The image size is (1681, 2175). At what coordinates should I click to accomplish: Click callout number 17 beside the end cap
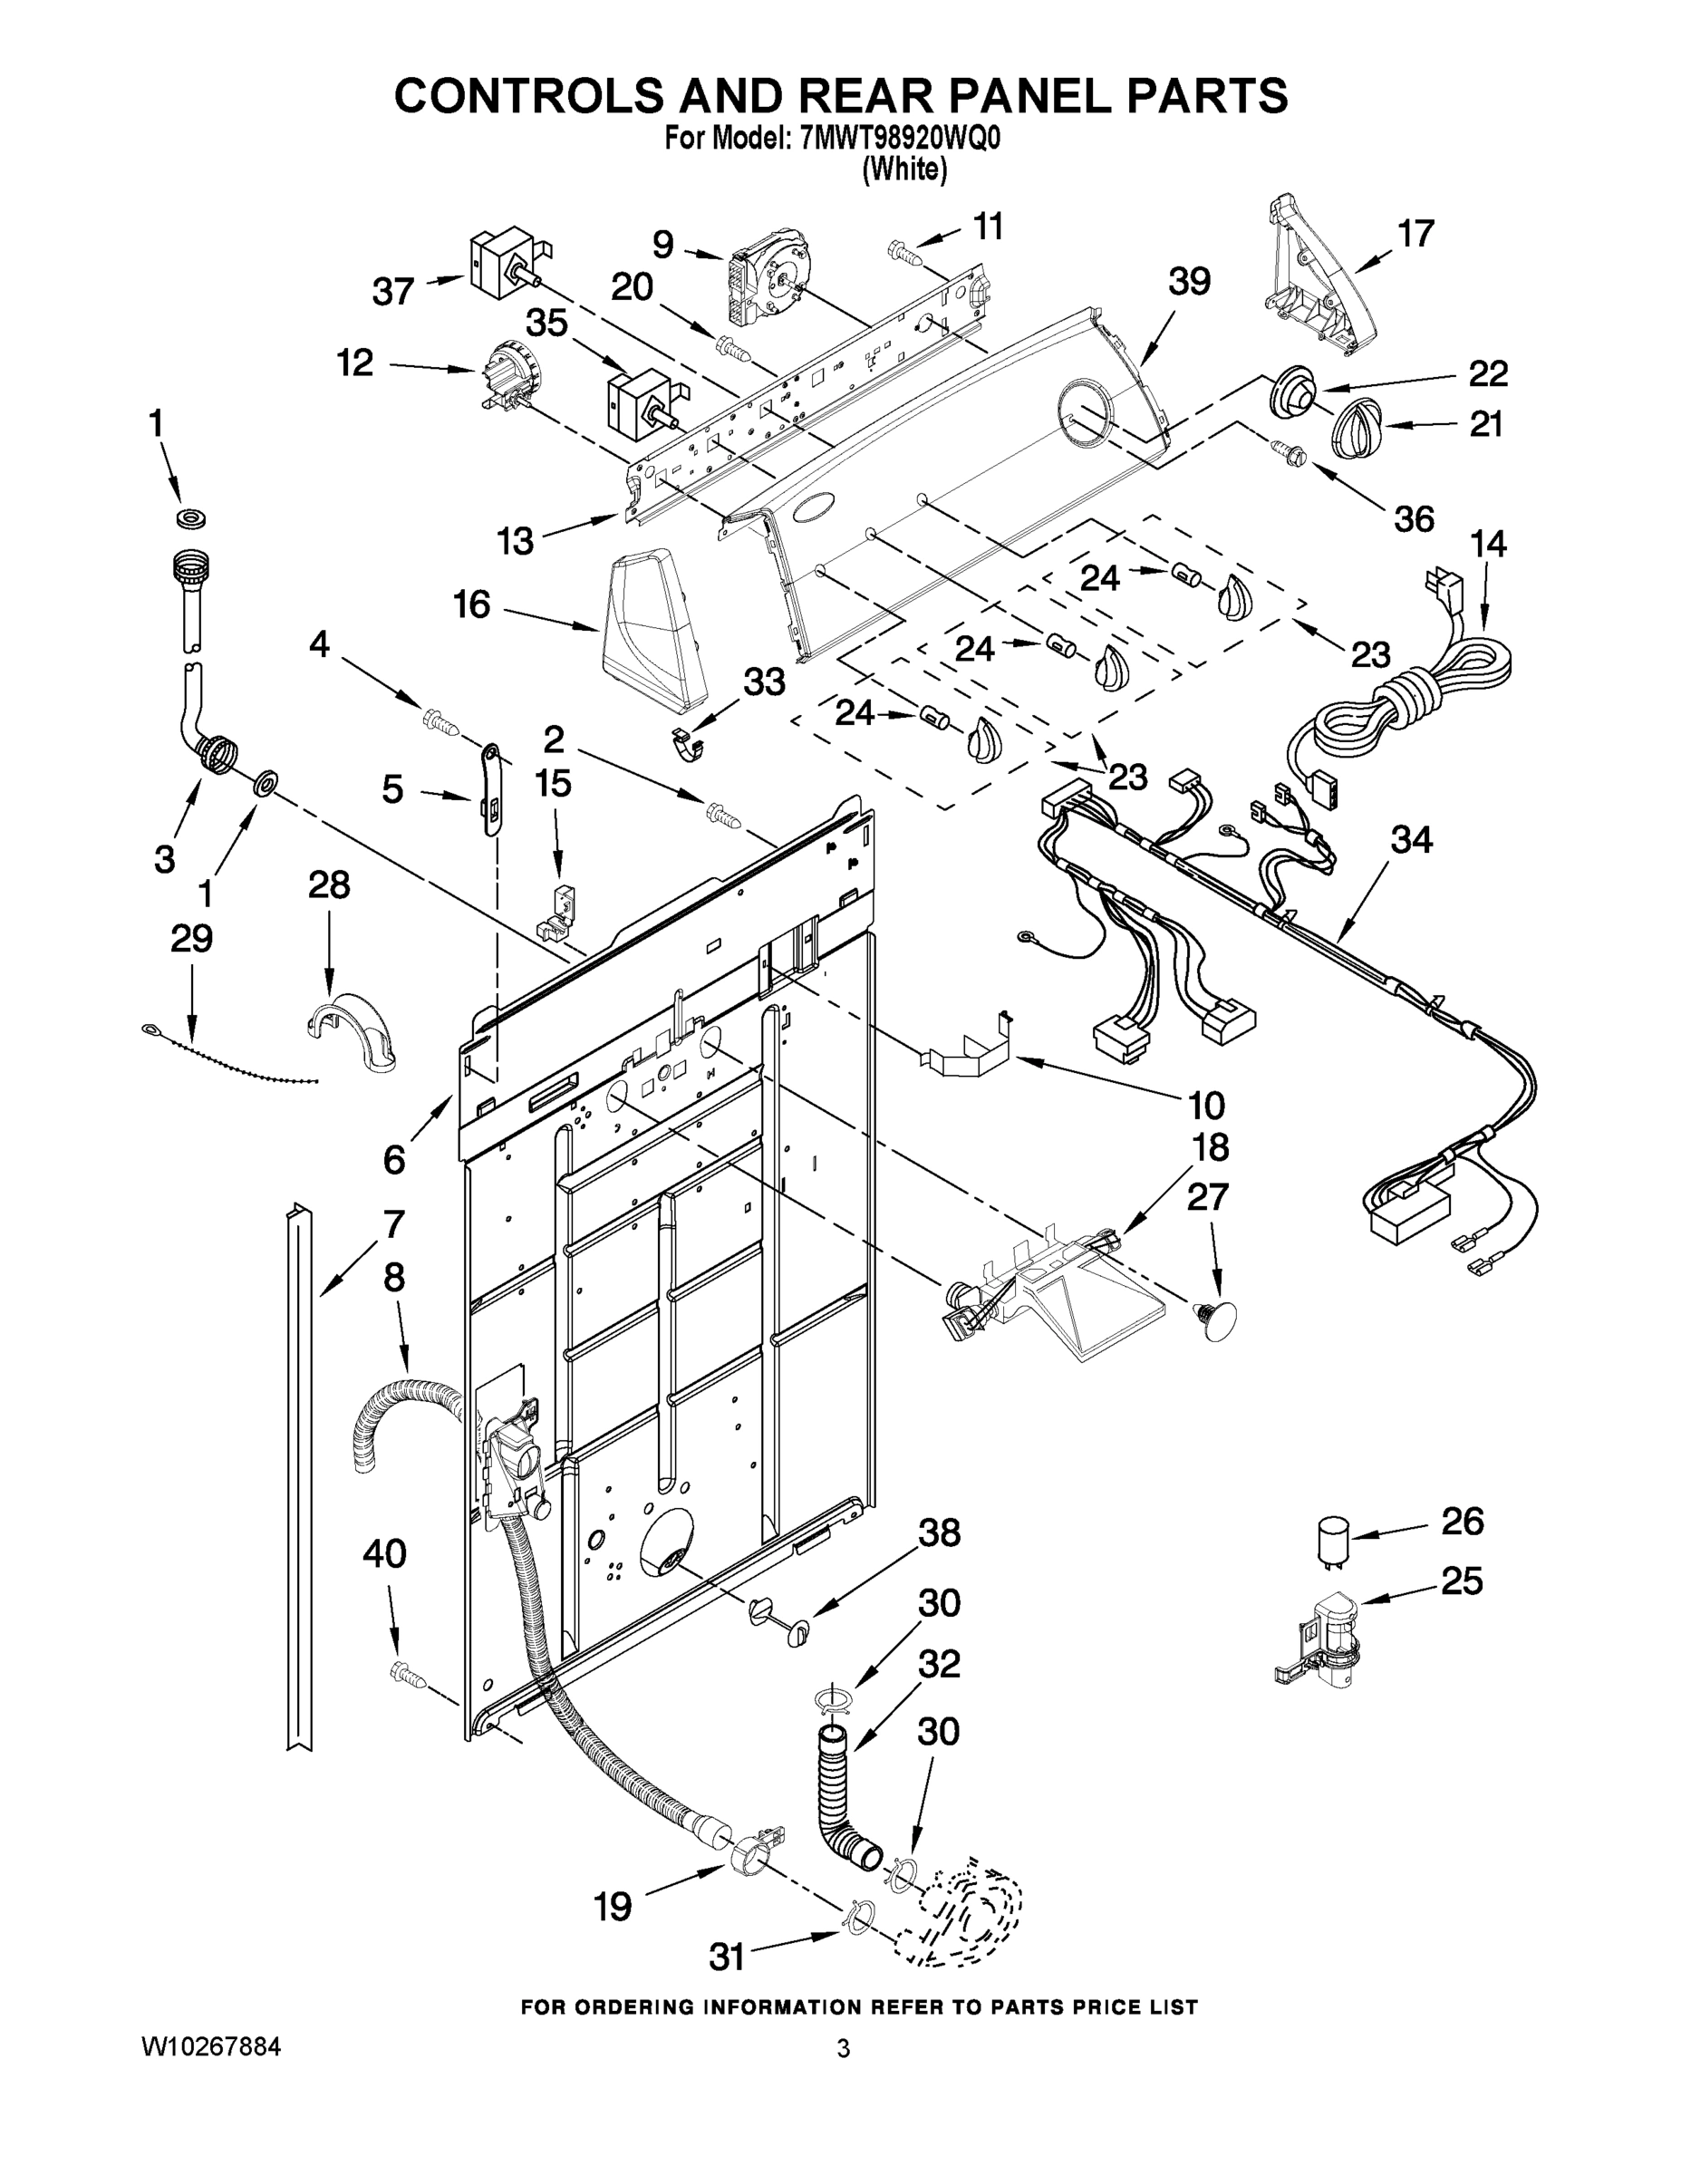1415,234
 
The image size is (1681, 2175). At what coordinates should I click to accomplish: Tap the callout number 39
1189,282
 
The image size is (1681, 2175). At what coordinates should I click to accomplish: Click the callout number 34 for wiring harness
1411,839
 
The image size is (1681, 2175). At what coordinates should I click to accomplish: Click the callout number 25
1462,1580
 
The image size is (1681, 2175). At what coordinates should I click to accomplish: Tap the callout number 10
1206,1105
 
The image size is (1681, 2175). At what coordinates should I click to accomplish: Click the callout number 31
726,1957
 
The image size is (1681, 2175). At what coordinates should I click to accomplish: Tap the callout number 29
191,938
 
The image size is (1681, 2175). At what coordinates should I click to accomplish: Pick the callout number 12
354,363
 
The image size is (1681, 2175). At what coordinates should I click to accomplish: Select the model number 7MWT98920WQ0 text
898,140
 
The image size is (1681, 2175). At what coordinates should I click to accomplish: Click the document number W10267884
211,2046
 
